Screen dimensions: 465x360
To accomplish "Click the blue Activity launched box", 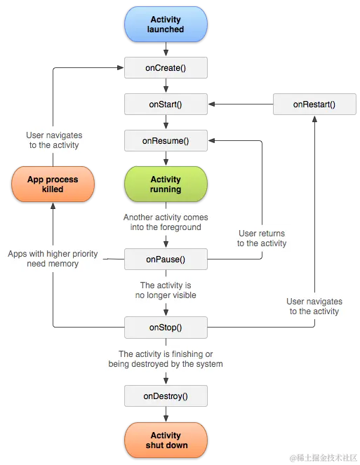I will pos(166,25).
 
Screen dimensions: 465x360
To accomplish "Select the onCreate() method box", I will pos(166,67).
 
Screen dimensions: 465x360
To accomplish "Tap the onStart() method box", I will pos(166,105).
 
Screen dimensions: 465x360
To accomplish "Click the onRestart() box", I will pos(314,105).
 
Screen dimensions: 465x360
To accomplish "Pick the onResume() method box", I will pos(166,141).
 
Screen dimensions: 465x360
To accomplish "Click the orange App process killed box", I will pos(53,184).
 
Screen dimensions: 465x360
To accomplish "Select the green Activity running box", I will pos(166,184).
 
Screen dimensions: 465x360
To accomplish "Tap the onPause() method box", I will pos(166,260).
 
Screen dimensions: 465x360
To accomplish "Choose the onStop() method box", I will pos(166,327).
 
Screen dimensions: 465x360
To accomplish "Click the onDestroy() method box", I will pos(166,396).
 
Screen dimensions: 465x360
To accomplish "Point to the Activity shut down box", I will pos(166,440).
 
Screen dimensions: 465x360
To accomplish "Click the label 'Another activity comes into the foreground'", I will pos(166,222).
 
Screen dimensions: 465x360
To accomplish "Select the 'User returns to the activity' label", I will pos(262,238).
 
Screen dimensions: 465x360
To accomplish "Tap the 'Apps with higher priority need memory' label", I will pos(53,259).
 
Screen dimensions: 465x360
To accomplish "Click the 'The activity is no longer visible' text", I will pos(166,290).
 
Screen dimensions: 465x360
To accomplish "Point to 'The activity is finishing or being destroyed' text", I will pos(166,359).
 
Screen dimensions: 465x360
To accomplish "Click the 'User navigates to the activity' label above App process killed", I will pos(54,140).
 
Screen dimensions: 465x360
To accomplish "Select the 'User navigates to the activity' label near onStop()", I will pos(314,306).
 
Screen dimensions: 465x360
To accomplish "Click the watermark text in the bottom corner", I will pos(323,457).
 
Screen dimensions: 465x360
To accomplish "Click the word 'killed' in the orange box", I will pos(53,189).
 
